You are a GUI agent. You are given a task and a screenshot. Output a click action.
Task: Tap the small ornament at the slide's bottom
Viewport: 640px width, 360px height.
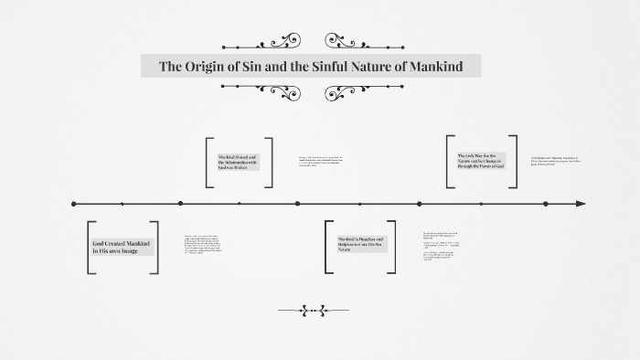point(313,311)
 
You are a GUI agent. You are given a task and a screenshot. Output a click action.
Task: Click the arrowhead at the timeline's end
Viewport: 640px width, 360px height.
point(580,203)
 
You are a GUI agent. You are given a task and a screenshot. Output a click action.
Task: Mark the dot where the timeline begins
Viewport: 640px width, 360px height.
point(74,203)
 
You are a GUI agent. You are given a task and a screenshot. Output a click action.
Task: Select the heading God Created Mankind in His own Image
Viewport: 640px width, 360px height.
point(123,247)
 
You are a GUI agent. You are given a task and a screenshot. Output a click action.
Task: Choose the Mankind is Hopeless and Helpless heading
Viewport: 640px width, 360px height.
point(359,245)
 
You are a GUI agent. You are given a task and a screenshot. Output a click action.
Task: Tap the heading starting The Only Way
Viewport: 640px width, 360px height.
point(481,162)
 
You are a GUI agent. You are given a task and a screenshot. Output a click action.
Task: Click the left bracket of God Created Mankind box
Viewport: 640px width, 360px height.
point(91,247)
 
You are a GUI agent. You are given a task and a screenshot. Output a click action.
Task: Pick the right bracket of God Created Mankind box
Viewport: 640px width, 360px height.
point(155,247)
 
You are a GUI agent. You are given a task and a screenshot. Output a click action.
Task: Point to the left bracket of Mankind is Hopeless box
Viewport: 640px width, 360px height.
point(328,246)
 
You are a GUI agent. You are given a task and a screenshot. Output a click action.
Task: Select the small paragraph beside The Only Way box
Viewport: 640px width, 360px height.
point(554,161)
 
